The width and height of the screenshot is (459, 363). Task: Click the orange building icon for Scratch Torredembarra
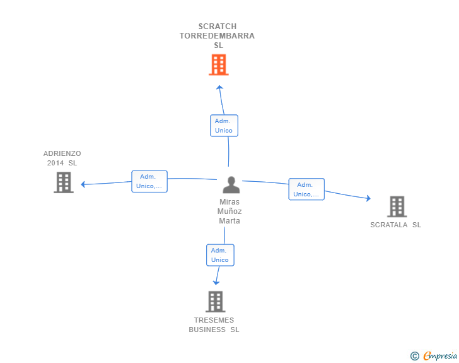218,65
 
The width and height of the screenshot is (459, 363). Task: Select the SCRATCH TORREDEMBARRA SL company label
217,36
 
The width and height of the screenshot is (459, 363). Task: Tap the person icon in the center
231,185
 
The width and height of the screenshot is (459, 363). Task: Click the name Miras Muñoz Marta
229,211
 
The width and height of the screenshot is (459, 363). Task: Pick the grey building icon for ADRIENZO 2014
63,182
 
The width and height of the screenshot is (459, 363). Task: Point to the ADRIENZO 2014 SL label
62,158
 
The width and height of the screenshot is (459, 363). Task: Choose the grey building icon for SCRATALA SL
397,206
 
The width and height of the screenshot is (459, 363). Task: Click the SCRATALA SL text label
395,225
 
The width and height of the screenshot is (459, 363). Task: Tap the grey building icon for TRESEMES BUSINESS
215,301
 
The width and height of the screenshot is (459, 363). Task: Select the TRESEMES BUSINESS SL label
214,324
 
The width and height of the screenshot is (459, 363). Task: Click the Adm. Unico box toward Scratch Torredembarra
224,126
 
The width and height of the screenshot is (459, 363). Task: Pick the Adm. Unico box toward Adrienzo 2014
149,181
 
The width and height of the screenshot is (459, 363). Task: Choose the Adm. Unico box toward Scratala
306,189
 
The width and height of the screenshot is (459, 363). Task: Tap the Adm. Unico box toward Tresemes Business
220,255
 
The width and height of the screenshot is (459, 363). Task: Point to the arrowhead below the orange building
219,87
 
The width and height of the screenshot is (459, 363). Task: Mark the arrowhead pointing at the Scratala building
368,199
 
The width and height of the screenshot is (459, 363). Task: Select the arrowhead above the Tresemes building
217,282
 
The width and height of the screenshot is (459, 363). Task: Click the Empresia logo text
440,356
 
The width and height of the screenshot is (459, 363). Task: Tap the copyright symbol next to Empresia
414,356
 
